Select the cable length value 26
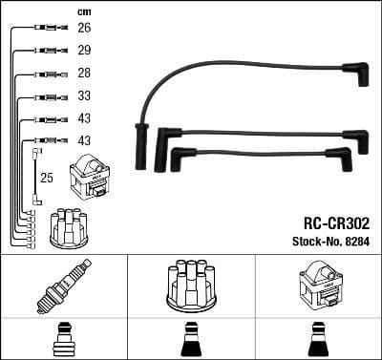pyautogui.click(x=83, y=28)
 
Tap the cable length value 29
pyautogui.click(x=83, y=49)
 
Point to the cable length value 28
pyautogui.click(x=83, y=74)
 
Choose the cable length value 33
pyautogui.click(x=83, y=96)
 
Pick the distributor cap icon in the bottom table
pyautogui.click(x=190, y=285)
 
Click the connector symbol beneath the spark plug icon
pyautogui.click(x=63, y=340)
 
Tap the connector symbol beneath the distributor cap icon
pyautogui.click(x=190, y=340)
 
